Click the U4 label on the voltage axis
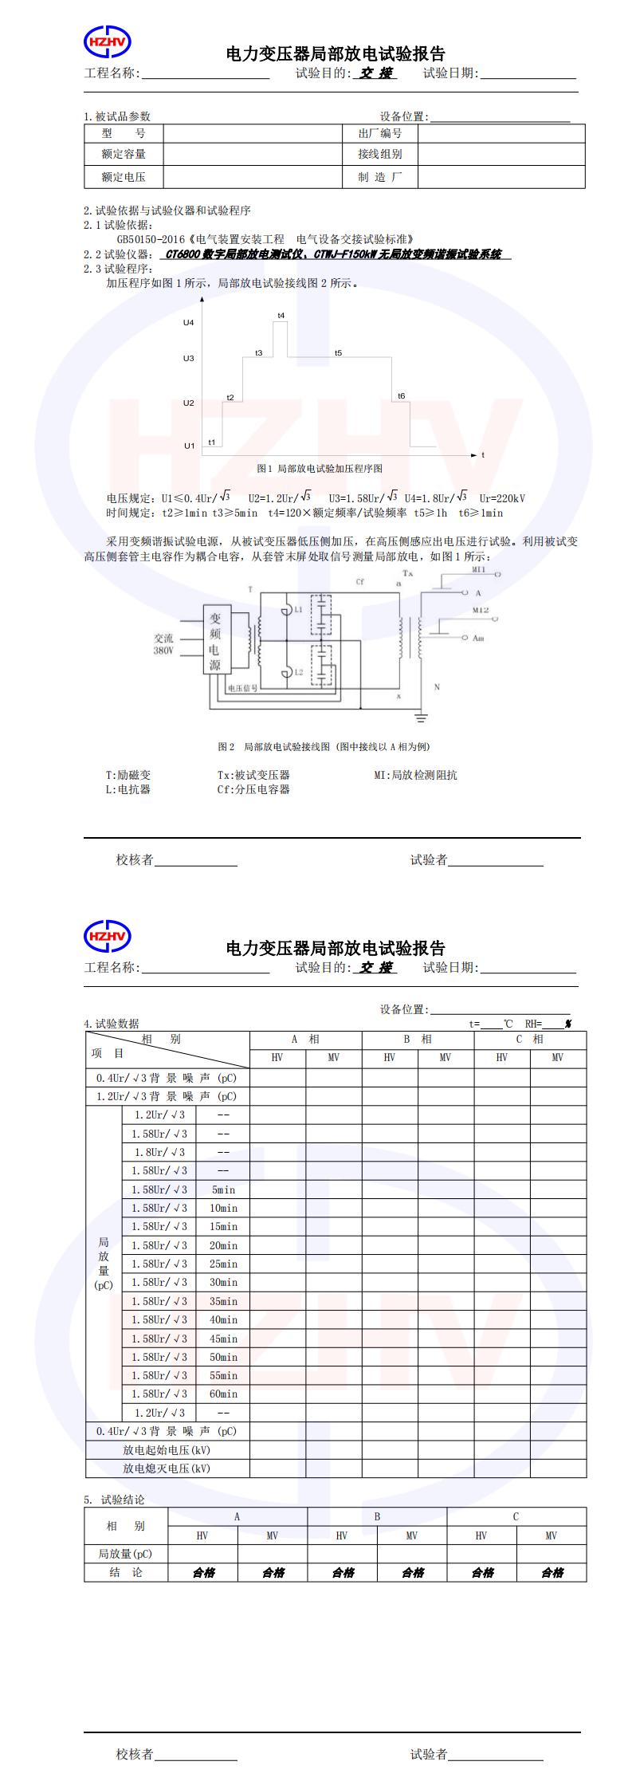point(188,323)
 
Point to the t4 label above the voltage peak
point(281,316)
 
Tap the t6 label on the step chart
point(401,396)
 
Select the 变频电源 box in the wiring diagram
point(215,641)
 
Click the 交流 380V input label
point(163,644)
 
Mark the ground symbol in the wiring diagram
point(421,718)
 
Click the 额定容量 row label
point(124,154)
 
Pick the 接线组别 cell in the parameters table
point(380,154)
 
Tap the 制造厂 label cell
point(380,177)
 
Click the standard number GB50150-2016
point(151,239)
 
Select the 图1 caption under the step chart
point(320,468)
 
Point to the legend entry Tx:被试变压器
point(253,775)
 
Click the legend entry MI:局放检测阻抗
point(415,775)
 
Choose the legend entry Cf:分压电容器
point(253,789)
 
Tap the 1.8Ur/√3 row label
point(159,1152)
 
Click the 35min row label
point(223,1301)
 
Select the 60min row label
point(223,1394)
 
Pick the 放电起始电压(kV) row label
point(167,1450)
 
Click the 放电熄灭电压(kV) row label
point(167,1469)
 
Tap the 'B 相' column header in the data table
point(418,1040)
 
